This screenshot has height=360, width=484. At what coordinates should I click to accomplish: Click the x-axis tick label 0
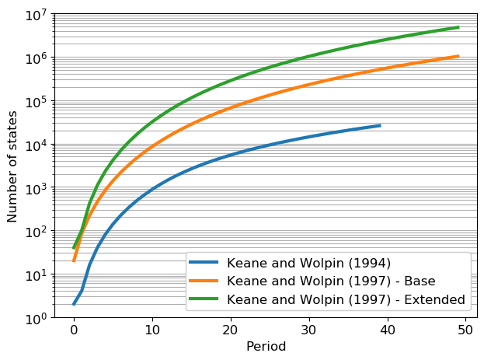74,330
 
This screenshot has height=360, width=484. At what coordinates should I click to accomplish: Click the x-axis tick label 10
152,330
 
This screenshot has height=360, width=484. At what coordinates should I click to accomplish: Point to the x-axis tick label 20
231,330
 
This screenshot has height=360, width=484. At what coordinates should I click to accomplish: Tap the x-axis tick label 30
309,330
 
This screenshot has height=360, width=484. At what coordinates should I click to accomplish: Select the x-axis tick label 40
388,330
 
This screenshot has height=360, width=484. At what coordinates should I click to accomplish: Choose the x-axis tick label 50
466,330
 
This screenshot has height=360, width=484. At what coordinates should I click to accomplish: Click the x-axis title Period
266,347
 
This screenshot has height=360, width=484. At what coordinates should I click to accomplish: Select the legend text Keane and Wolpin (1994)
304,262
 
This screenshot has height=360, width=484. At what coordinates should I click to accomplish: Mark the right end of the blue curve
380,125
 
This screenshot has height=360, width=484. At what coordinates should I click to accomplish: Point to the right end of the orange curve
458,56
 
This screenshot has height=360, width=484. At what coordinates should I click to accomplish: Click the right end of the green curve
458,27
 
